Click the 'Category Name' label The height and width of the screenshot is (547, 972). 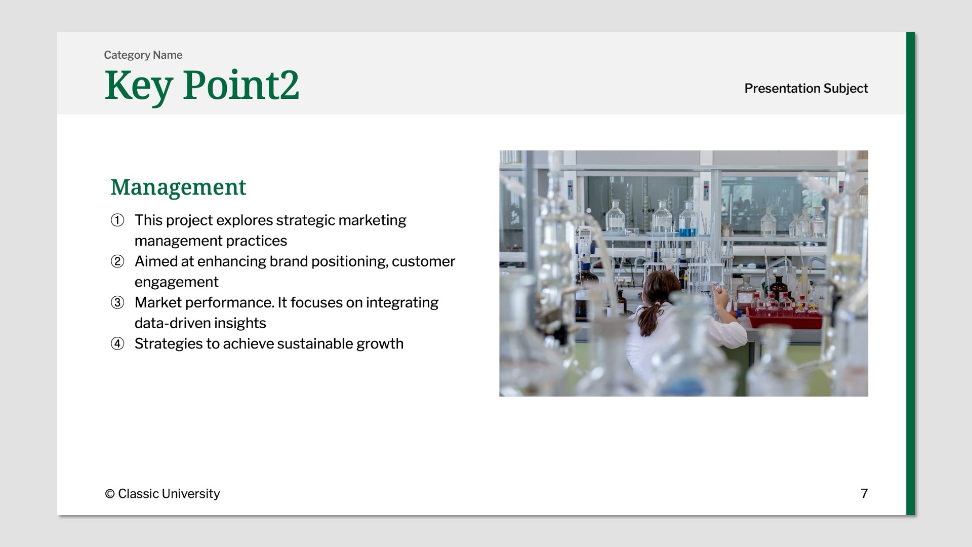coord(143,55)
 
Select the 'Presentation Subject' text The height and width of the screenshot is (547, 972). coord(805,88)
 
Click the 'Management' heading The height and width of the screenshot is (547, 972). coord(178,187)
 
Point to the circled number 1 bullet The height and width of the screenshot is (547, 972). coord(117,220)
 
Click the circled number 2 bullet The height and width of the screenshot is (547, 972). coord(117,261)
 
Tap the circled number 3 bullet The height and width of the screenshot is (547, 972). coord(117,302)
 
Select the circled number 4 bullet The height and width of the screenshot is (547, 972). coord(117,343)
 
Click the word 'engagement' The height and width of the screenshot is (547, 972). coord(176,282)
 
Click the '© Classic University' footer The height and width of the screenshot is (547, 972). coord(162,493)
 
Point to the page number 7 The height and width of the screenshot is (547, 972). coord(864,493)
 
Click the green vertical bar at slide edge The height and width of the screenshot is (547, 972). coord(910,273)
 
